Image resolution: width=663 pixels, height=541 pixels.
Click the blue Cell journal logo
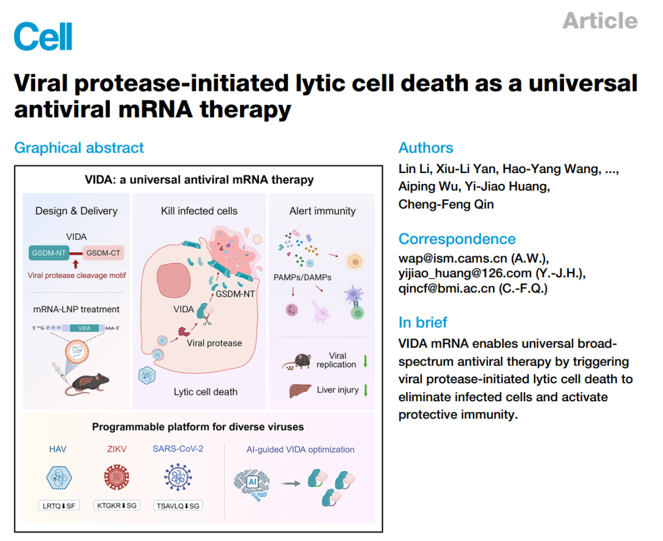point(43,36)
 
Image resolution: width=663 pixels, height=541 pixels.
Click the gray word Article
point(600,21)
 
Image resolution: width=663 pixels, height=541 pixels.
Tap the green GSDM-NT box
point(49,253)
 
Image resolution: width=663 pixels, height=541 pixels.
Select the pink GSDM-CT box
point(103,253)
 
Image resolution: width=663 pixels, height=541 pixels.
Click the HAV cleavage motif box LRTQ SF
point(59,505)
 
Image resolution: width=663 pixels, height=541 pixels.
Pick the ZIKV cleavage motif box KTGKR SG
point(117,505)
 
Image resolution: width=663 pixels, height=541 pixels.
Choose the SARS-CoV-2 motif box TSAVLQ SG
point(178,505)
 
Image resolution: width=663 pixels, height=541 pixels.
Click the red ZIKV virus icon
point(117,477)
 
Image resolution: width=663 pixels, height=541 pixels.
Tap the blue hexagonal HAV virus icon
point(59,478)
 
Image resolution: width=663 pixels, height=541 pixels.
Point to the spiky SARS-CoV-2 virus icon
point(178,477)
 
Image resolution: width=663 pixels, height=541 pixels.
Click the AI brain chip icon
point(252,485)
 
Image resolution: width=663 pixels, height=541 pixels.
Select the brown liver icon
point(300,390)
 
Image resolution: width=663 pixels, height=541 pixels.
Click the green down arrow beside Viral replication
point(365,361)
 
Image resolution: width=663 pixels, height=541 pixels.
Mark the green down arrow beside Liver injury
point(366,390)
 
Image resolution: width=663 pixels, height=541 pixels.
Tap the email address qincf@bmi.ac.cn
point(447,288)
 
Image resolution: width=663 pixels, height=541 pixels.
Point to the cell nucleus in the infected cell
point(173,280)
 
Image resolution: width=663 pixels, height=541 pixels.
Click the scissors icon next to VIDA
point(207,320)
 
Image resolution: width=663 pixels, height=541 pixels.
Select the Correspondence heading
point(457,239)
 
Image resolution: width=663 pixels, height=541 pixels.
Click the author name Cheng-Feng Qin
point(446,204)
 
